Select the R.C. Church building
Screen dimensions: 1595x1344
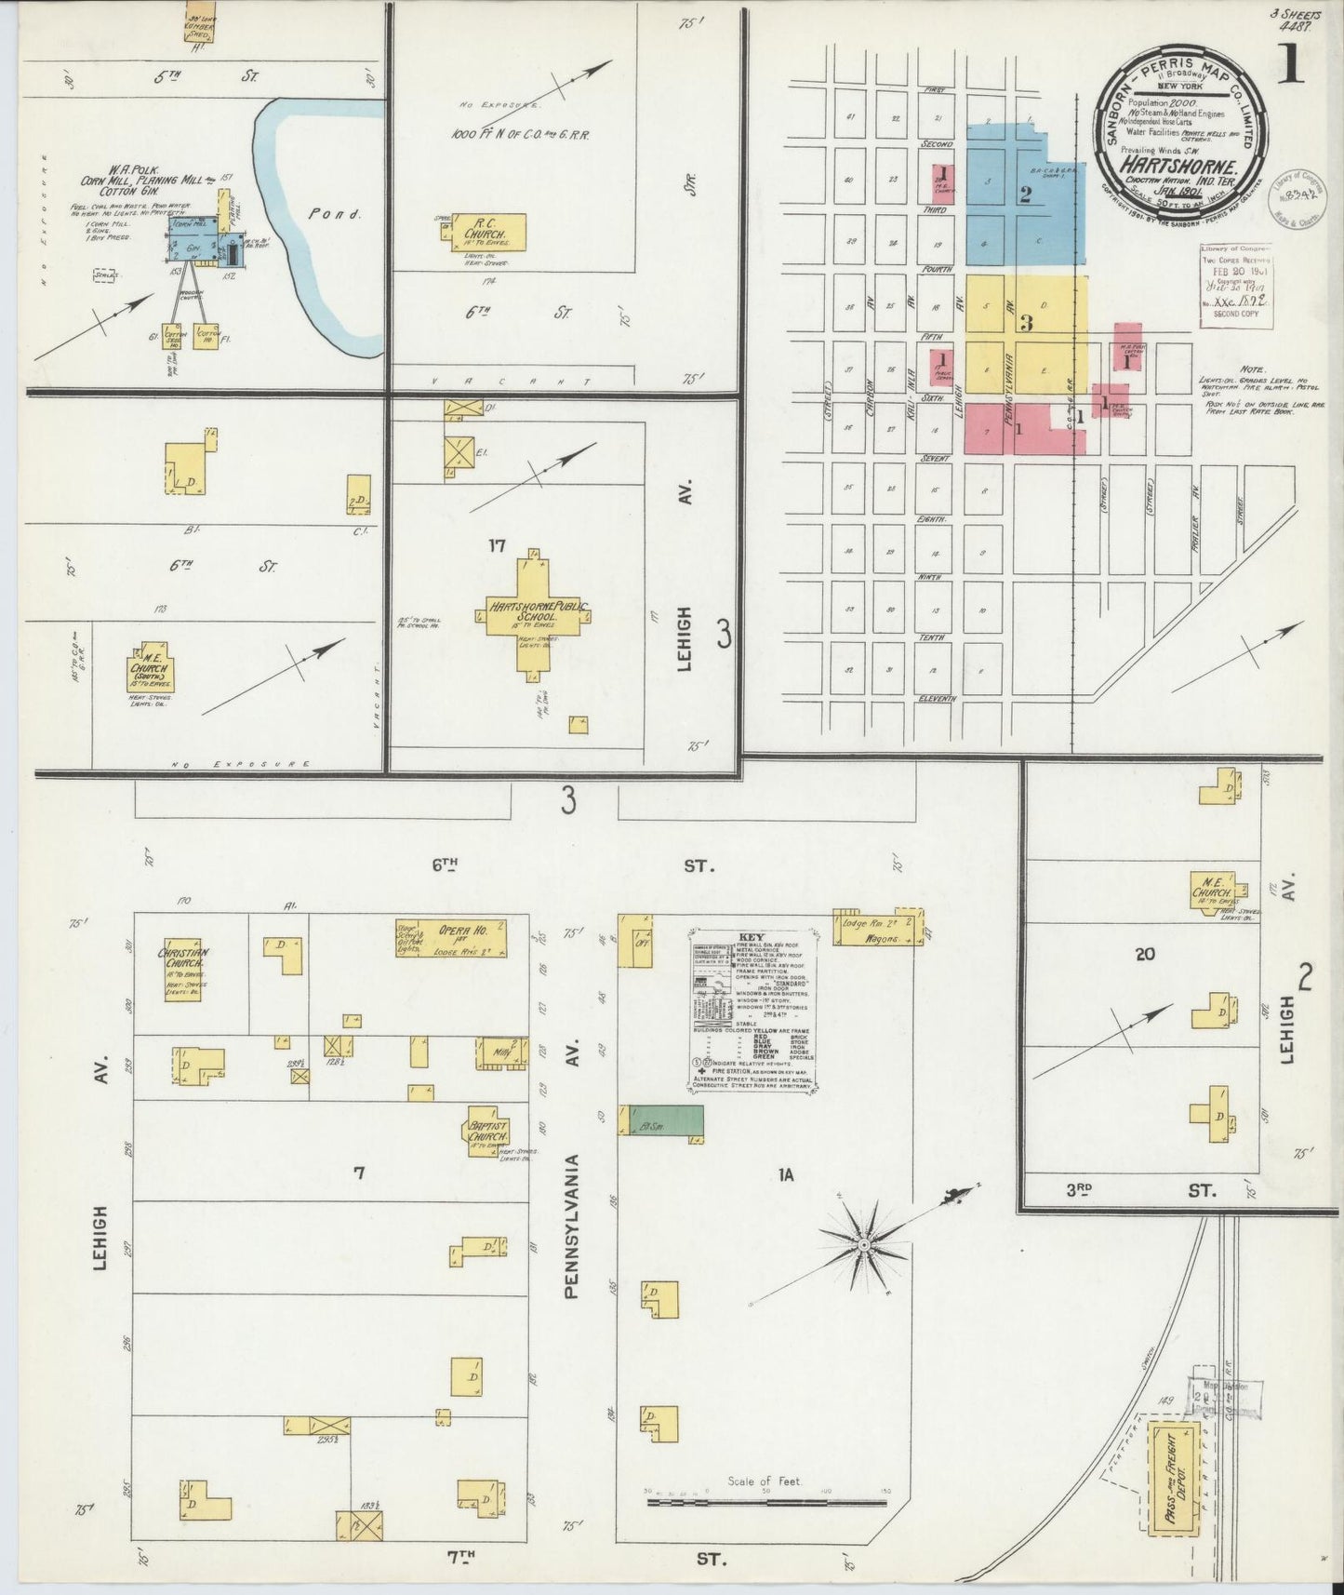487,234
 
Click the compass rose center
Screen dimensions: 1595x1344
866,1243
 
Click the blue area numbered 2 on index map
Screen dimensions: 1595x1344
1024,195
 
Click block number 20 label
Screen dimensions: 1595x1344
1143,953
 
